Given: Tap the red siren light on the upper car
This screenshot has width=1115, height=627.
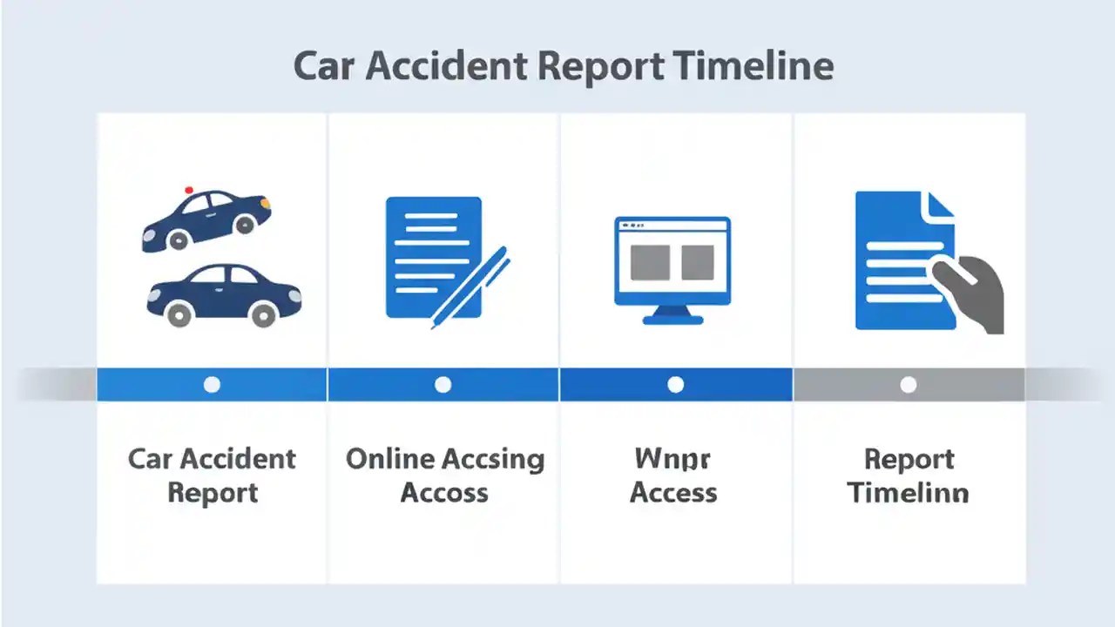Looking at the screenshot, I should pyautogui.click(x=189, y=189).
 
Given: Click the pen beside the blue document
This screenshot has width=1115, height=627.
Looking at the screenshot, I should pyautogui.click(x=470, y=287).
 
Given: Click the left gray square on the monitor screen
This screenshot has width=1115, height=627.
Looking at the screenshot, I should pyautogui.click(x=649, y=262).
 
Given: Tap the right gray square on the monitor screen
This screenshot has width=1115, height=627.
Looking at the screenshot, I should pyautogui.click(x=697, y=262).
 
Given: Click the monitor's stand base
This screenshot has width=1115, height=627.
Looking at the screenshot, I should pyautogui.click(x=672, y=320).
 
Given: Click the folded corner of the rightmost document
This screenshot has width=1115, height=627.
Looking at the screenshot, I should pyautogui.click(x=941, y=206).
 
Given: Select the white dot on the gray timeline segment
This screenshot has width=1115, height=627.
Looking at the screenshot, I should pyautogui.click(x=908, y=385).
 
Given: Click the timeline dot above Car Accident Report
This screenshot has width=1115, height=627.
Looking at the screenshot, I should pyautogui.click(x=212, y=385).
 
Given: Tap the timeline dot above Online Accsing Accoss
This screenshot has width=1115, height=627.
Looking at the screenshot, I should pyautogui.click(x=443, y=385).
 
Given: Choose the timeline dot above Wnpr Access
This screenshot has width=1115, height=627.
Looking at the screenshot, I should pyautogui.click(x=675, y=385).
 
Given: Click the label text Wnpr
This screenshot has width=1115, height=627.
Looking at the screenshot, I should pyautogui.click(x=672, y=460).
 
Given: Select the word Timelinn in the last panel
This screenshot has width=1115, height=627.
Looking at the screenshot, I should pyautogui.click(x=908, y=494).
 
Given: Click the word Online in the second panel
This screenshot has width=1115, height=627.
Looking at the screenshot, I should pyautogui.click(x=389, y=459).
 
